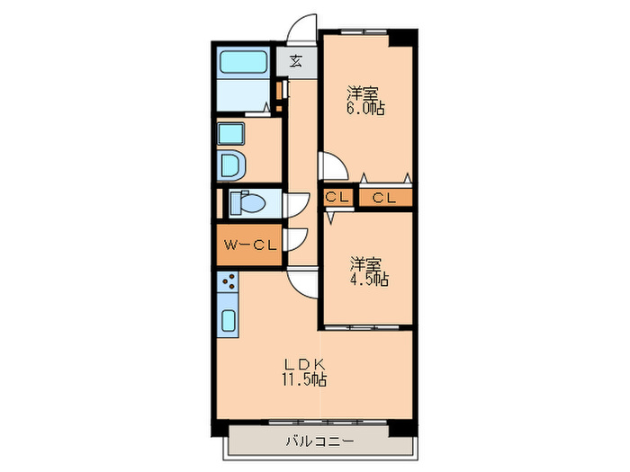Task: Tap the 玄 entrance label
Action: point(296,62)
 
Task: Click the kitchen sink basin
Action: point(228,321)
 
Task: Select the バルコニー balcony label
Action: point(319,441)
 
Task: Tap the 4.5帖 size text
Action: point(369,280)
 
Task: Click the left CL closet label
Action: point(338,198)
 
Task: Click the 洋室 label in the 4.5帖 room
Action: point(365,264)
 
